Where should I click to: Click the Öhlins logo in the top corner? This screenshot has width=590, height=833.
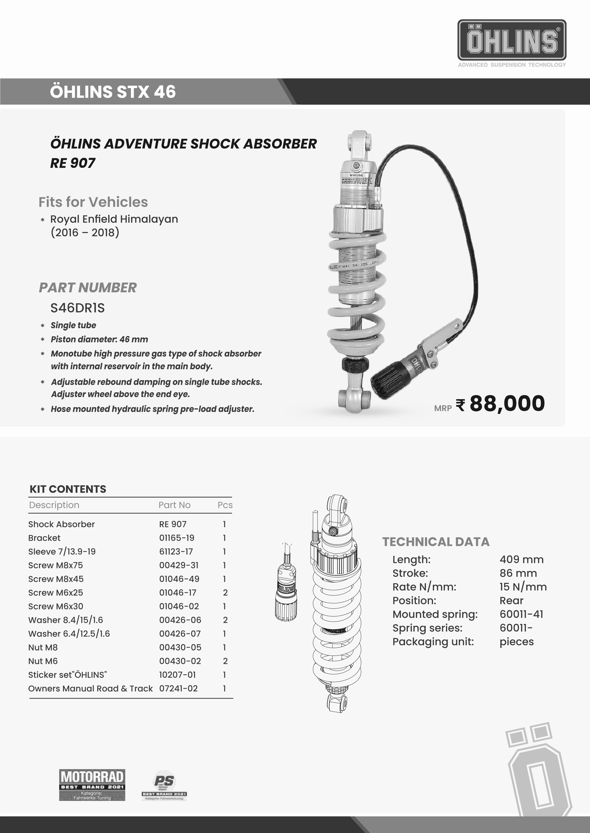[512, 41]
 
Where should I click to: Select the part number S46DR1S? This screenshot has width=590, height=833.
[77, 308]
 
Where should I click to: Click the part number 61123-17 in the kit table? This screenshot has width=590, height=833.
[176, 551]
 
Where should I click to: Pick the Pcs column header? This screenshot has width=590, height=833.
[225, 505]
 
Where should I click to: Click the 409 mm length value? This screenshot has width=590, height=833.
[521, 559]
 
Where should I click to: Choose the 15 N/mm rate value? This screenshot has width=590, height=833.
[523, 587]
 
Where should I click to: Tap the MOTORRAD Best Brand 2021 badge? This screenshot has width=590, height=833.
[92, 785]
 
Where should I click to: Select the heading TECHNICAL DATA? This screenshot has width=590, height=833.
[436, 542]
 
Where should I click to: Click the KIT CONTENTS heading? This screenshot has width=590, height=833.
[68, 489]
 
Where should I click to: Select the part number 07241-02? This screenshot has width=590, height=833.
[178, 689]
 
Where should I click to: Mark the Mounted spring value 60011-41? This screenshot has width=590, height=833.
[521, 614]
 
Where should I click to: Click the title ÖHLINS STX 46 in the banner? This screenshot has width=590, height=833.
[113, 91]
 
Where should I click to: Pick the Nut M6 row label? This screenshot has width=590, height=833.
[43, 661]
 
